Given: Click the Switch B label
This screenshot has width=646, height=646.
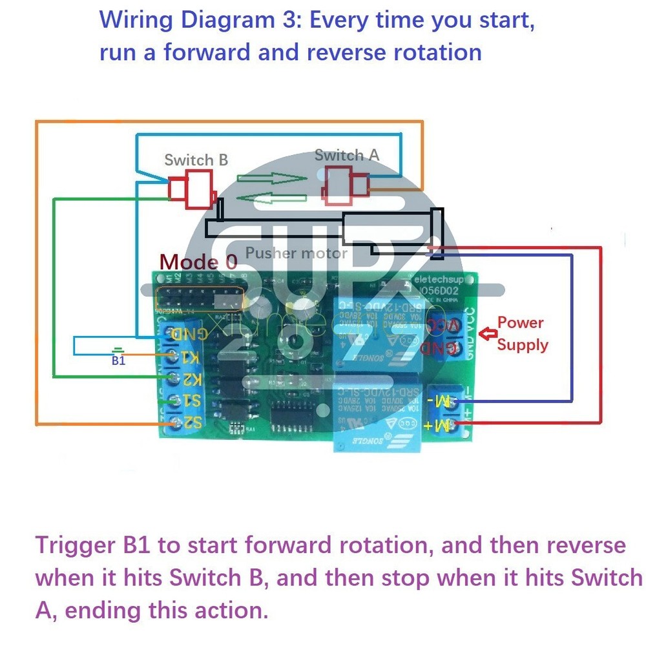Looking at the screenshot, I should coord(196,160).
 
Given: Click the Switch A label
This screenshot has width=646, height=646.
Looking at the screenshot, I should coord(347,155).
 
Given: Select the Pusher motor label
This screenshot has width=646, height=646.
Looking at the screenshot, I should coord(297,253).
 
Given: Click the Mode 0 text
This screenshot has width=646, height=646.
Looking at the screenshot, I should coord(198,262).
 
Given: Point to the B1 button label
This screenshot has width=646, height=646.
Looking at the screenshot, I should coord(118,361).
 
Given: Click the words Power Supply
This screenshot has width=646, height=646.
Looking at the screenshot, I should coord(521,333).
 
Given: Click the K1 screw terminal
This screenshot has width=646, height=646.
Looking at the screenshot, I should coord(173,356).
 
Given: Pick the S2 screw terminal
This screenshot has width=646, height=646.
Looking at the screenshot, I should coord(173,423).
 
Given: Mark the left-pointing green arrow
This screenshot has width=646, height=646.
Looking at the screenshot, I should coord(271,198).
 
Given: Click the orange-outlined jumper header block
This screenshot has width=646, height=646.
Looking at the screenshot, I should coord(200,298).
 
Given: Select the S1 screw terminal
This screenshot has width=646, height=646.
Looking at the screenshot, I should coord(173,401).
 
